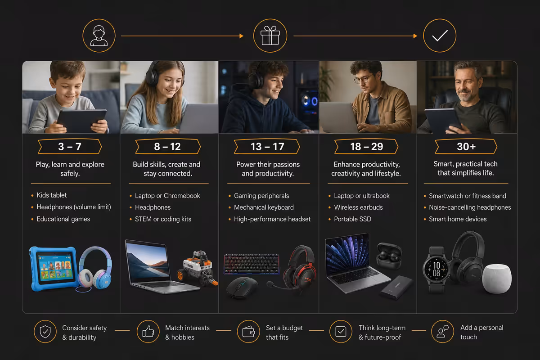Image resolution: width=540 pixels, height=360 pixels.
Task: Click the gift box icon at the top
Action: (x=270, y=36)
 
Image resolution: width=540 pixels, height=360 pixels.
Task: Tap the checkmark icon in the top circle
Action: (x=440, y=36)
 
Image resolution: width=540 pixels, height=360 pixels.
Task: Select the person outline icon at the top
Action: (x=99, y=36)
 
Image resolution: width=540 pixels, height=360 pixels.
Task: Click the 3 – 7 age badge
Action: (x=70, y=146)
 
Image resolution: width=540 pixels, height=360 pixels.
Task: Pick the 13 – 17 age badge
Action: (x=267, y=146)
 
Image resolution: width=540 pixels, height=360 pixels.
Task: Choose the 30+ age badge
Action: (x=466, y=146)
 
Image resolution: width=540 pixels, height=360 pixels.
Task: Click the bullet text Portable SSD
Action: (x=352, y=219)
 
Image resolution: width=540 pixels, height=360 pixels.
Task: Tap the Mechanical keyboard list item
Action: (x=264, y=207)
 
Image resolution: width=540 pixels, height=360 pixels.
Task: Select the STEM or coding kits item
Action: (x=163, y=219)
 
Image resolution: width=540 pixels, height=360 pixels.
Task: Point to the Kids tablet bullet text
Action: (x=52, y=195)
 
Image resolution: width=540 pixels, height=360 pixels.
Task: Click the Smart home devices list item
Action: (x=458, y=219)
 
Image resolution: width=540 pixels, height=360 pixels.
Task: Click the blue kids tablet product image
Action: (x=54, y=268)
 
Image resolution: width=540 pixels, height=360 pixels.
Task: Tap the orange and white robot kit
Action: (x=198, y=268)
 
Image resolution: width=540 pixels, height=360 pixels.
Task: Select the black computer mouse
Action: (x=242, y=287)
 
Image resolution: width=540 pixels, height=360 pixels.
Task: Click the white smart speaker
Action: (x=497, y=279)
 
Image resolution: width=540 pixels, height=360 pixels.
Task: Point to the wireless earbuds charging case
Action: (x=389, y=256)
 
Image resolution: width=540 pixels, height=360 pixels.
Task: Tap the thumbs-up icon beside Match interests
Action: (x=148, y=331)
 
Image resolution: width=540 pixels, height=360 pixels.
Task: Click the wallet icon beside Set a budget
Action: (x=248, y=332)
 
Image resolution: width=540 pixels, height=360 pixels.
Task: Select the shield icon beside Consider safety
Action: (x=45, y=332)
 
